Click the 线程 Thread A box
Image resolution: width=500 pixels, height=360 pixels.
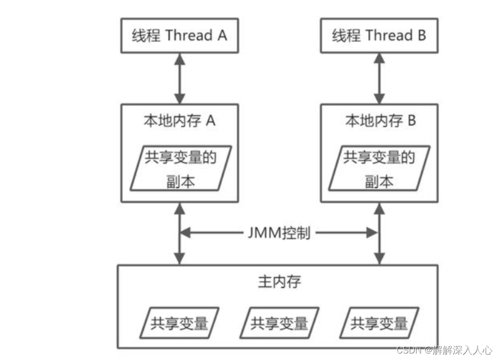pyautogui.click(x=179, y=35)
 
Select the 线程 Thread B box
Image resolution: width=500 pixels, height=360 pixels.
pyautogui.click(x=379, y=35)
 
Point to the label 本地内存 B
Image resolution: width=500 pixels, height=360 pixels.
pyautogui.click(x=380, y=121)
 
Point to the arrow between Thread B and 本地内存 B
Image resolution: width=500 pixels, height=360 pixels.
pyautogui.click(x=380, y=78)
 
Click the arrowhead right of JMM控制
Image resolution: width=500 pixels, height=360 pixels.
pyautogui.click(x=373, y=233)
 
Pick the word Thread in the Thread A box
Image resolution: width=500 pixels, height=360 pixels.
pyautogui.click(x=188, y=35)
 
